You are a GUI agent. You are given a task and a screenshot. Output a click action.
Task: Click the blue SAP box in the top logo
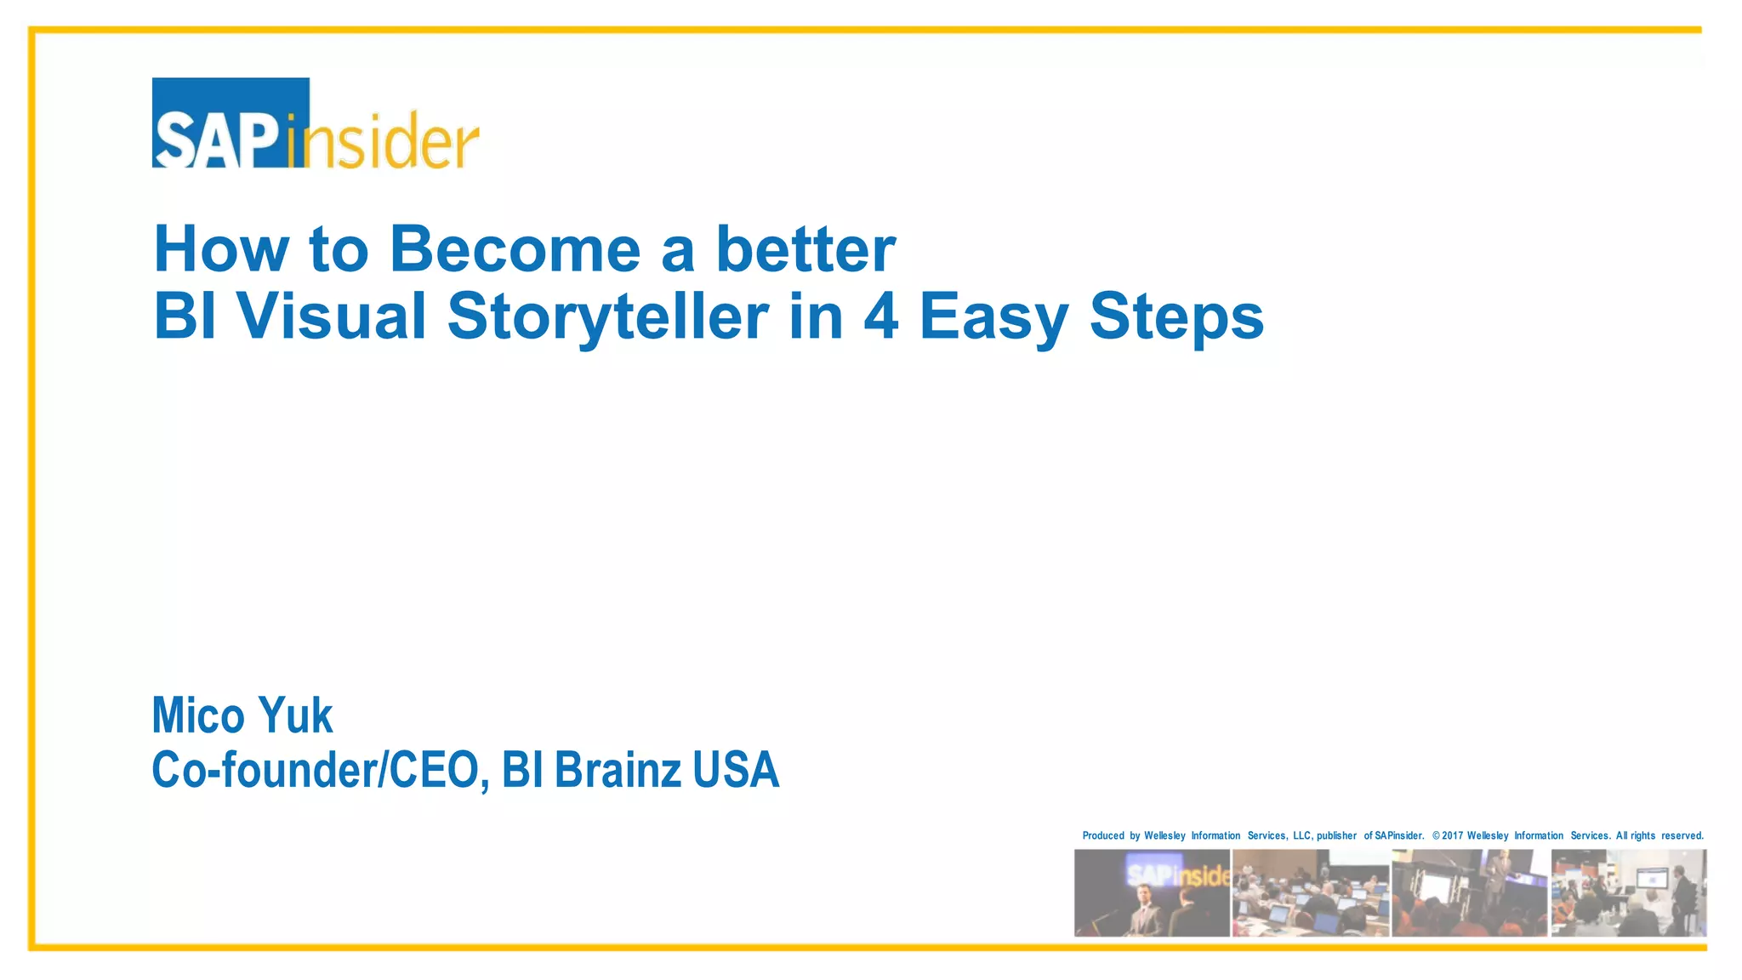(x=230, y=122)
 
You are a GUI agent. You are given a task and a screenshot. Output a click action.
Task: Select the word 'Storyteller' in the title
(x=607, y=316)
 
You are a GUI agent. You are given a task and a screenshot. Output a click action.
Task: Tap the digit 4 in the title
(x=881, y=316)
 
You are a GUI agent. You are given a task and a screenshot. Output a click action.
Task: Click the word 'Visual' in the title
(x=331, y=316)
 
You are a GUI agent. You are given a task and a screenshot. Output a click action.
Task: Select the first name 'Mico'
(x=198, y=715)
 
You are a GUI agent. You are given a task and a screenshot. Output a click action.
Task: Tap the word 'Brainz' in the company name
(x=618, y=770)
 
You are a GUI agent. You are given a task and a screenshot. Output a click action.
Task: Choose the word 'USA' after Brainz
(x=736, y=770)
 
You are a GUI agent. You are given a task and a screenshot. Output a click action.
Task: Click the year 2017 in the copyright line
(x=1452, y=835)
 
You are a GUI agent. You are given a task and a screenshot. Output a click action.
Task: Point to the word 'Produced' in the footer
(x=1103, y=835)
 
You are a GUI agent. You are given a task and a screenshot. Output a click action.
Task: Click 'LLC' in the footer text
(x=1302, y=835)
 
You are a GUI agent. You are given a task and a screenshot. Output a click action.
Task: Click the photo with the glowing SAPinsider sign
(x=1152, y=892)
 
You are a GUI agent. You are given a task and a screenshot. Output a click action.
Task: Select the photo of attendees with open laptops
(x=1310, y=892)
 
